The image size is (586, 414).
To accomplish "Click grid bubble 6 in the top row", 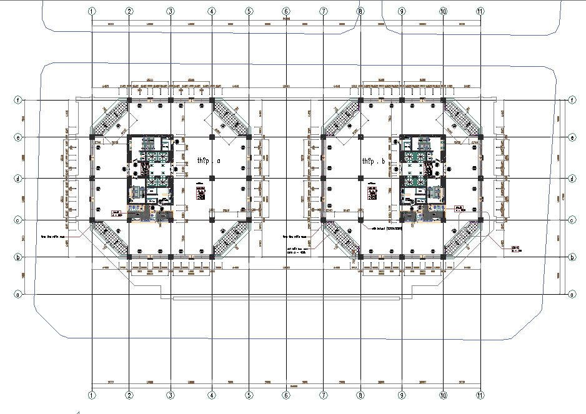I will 286,11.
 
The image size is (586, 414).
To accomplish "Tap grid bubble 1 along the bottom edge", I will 92,395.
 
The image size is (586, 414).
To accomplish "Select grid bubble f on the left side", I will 18,100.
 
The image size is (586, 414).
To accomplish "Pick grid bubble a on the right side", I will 572,293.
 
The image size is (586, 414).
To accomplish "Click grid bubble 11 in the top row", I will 480,11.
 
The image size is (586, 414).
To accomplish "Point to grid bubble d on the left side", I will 18,179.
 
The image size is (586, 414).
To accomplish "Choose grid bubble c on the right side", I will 572,220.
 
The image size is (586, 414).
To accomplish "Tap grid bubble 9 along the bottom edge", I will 402,395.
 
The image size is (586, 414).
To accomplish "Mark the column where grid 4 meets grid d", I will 212,179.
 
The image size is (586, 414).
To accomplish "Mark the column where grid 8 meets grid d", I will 360,179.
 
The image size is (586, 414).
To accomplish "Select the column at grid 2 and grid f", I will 129,100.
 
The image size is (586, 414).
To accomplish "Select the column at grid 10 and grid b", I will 443,257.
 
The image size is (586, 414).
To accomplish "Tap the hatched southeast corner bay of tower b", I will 462,239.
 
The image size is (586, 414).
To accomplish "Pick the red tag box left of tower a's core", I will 116,213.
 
